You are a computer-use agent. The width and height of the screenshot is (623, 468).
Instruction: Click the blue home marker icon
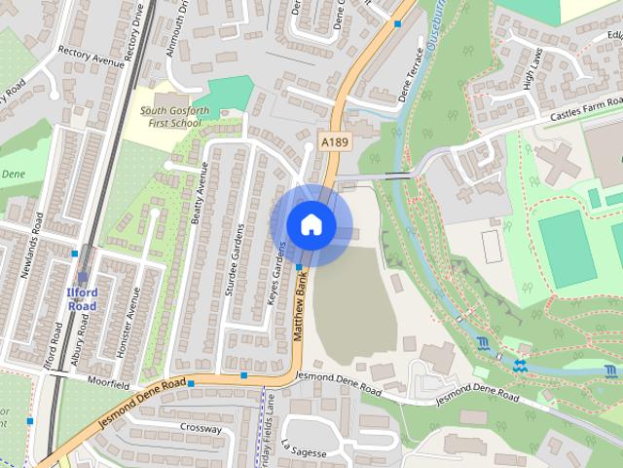[x=311, y=224]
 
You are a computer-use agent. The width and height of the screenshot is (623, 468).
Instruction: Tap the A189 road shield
[x=335, y=143]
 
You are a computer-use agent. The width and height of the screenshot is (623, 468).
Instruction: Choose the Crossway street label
[x=201, y=428]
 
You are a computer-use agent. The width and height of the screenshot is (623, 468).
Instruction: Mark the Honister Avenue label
[x=137, y=321]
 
